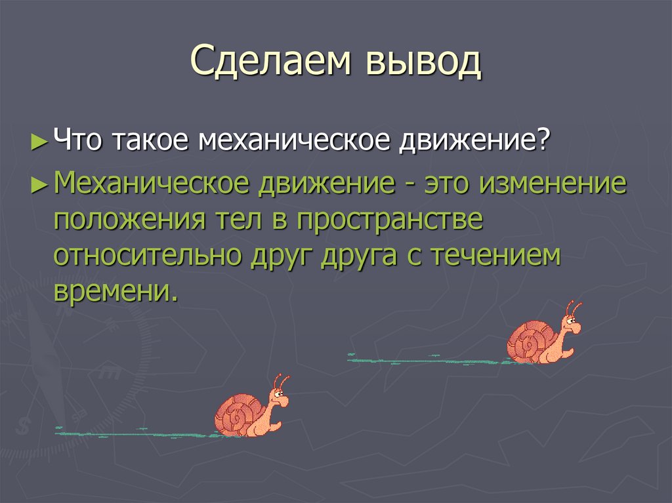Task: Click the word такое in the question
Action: [154, 142]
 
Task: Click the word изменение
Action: [552, 185]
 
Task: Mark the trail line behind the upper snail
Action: [427, 360]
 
